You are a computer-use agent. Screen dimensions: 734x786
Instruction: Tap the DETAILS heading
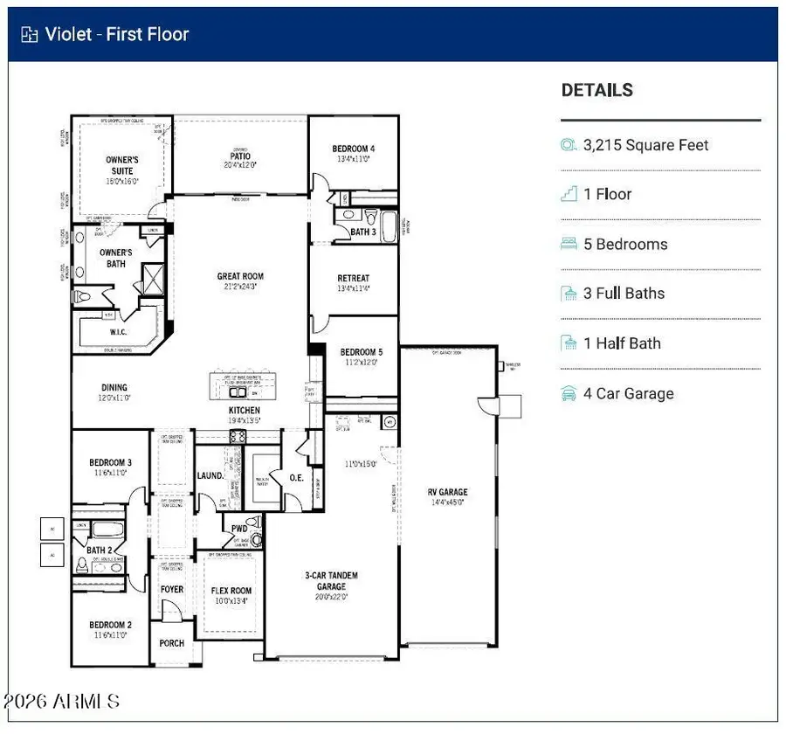[596, 90]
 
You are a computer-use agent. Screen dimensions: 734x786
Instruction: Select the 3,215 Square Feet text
[646, 145]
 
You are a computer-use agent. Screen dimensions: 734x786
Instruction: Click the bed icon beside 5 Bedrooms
[569, 244]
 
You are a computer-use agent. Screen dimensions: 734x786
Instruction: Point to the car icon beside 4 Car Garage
[569, 393]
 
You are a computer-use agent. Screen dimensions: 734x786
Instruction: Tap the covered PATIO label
[240, 158]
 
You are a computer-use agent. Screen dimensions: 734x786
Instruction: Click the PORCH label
[172, 643]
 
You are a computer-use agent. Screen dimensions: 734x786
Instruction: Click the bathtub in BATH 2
[110, 530]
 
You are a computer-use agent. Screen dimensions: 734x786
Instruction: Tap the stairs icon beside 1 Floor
[569, 194]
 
